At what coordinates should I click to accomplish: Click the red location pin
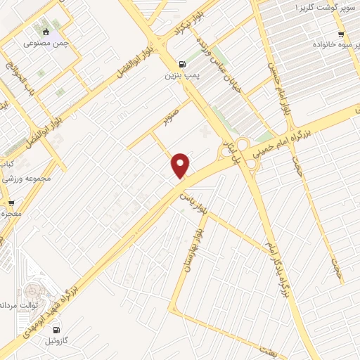(x=181, y=165)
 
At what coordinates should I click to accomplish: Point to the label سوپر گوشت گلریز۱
(x=319, y=8)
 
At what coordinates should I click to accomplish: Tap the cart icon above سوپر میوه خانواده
(x=341, y=33)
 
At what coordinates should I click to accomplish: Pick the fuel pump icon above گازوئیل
(x=56, y=329)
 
